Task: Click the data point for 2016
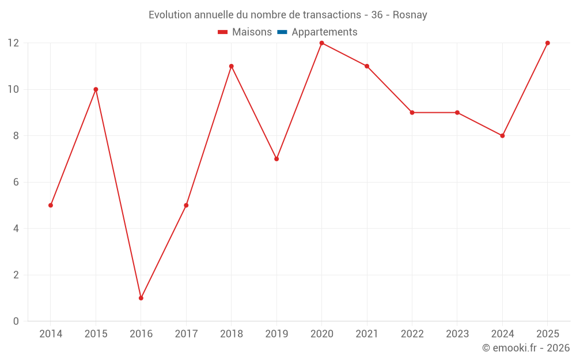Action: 141,298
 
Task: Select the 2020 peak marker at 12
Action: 322,43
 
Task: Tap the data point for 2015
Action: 96,89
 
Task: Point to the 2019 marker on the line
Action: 276,159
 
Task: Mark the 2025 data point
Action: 548,43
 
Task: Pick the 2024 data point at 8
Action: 502,136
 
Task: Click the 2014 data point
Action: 51,206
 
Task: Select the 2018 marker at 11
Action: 232,66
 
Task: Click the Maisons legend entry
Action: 245,32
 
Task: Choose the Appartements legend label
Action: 324,32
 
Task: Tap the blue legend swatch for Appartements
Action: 282,32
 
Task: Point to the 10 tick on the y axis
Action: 13,89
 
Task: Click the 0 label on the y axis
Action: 16,321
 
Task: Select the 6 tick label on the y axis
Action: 16,182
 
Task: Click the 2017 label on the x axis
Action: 186,334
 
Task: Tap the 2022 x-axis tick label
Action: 412,334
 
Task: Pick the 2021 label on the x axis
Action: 367,334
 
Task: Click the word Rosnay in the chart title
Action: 410,15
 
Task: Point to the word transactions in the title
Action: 332,15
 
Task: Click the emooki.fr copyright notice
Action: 526,347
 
